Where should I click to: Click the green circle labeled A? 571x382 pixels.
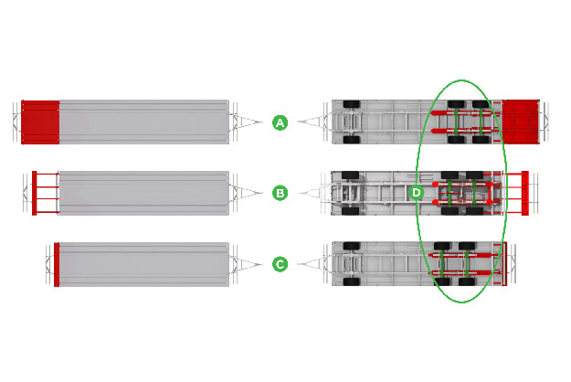(280, 122)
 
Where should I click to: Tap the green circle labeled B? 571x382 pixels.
(280, 193)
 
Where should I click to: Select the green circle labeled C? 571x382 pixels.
(280, 264)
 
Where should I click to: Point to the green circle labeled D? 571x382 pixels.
(416, 193)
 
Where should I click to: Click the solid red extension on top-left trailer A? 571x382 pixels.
(40, 122)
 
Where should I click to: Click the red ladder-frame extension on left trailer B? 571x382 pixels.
(46, 193)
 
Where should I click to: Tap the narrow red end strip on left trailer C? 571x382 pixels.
(57, 264)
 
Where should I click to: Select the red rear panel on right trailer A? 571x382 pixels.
(521, 122)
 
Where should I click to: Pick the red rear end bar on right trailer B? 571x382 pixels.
(524, 193)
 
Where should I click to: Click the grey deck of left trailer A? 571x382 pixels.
(144, 122)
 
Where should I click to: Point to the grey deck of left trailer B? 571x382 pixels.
(144, 193)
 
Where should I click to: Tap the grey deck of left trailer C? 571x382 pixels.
(144, 264)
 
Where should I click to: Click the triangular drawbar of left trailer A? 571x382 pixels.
(247, 122)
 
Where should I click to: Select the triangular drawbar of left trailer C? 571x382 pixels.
(247, 264)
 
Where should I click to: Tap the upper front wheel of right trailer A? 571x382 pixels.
(352, 104)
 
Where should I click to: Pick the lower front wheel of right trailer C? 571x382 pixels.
(352, 281)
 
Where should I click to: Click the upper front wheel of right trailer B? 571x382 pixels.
(350, 175)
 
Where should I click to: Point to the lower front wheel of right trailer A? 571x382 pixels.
(352, 140)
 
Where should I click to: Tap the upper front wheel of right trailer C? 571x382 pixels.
(352, 246)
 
